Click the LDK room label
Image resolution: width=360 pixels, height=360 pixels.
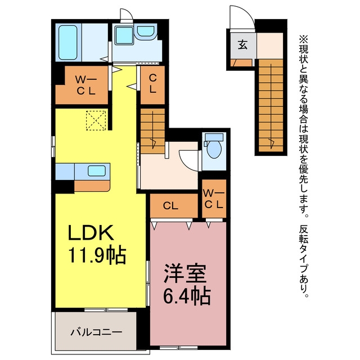91,232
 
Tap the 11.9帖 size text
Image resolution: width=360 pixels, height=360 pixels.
97,255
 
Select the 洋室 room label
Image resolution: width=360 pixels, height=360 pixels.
185,274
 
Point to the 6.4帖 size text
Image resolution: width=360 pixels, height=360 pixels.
187,296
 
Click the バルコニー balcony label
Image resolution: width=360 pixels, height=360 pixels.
96,332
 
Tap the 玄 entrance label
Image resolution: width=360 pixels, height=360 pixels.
242,44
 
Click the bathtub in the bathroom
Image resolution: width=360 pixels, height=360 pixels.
67,43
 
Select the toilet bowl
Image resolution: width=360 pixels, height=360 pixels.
214,149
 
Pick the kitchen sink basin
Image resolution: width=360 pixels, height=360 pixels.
97,170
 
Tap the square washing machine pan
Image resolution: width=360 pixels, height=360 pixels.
124,35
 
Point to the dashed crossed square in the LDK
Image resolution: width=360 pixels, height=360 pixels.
96,120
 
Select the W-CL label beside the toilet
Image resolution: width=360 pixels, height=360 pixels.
214,199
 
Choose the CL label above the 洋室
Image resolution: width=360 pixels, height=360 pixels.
170,206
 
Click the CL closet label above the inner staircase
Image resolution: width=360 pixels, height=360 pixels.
152,84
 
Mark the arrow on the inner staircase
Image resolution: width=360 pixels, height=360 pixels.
153,130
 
